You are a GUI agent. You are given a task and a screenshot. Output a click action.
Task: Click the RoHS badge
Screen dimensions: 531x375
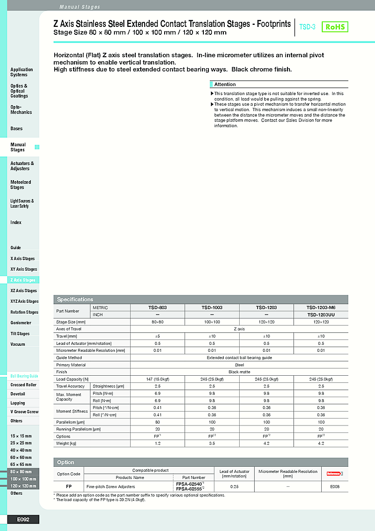(335, 27)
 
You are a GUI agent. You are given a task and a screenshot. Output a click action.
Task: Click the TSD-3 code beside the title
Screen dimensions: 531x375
(307, 27)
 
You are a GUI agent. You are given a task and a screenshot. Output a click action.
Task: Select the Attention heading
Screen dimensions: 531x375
(225, 85)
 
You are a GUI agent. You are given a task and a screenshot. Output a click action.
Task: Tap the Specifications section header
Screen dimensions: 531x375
(75, 300)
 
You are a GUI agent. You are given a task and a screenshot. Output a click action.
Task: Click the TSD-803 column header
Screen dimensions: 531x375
(157, 308)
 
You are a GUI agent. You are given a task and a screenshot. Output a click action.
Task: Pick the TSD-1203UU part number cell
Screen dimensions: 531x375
(321, 315)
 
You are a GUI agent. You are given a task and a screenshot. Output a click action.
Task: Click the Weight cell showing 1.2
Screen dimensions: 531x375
(157, 443)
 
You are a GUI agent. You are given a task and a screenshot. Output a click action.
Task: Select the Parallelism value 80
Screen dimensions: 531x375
(157, 422)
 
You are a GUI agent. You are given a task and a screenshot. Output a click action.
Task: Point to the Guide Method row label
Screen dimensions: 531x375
(69, 358)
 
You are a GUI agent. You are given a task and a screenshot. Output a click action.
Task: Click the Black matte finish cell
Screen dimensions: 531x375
(239, 372)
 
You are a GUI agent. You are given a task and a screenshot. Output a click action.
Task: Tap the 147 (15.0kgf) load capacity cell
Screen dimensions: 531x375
(157, 379)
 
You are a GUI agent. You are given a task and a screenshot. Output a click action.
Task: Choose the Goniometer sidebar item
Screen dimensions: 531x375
(21, 323)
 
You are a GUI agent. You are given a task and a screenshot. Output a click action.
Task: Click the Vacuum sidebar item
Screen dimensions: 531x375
(18, 344)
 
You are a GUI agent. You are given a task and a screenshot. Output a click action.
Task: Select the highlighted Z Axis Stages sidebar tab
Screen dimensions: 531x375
(23, 280)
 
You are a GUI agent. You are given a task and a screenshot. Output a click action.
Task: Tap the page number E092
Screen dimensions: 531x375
(23, 520)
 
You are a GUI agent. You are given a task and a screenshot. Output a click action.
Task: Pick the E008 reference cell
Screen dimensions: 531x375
(335, 487)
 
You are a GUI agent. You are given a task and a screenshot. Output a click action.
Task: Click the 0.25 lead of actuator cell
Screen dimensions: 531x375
(235, 487)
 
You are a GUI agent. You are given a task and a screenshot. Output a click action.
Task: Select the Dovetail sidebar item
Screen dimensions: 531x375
(18, 394)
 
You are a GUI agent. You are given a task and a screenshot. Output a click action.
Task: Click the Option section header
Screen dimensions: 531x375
(66, 462)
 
